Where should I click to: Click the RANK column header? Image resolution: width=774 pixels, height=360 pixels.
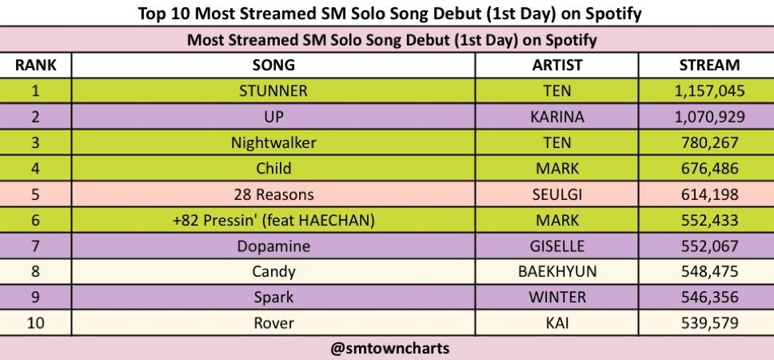[x=35, y=65]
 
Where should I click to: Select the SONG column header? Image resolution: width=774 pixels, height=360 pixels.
[x=273, y=65]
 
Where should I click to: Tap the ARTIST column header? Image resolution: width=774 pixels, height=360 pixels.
[x=557, y=65]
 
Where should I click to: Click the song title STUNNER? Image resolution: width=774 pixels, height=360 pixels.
[x=273, y=91]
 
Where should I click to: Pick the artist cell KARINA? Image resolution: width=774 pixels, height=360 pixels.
[x=557, y=117]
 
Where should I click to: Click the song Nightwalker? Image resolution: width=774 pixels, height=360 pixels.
[x=273, y=143]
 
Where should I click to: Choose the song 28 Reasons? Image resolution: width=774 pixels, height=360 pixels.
[x=273, y=194]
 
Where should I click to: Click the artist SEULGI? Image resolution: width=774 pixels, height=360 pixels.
[x=557, y=194]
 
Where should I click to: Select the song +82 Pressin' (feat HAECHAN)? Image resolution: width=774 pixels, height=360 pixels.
[x=273, y=220]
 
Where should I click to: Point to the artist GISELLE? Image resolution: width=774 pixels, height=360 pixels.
[x=557, y=246]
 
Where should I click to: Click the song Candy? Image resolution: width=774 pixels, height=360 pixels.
[x=273, y=272]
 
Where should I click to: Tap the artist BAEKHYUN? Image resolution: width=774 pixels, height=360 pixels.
[x=557, y=272]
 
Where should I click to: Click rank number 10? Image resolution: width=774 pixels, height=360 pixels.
[x=35, y=323]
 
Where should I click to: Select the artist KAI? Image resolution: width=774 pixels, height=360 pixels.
[x=557, y=323]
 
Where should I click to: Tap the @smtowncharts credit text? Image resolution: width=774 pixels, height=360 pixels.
[x=390, y=349]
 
